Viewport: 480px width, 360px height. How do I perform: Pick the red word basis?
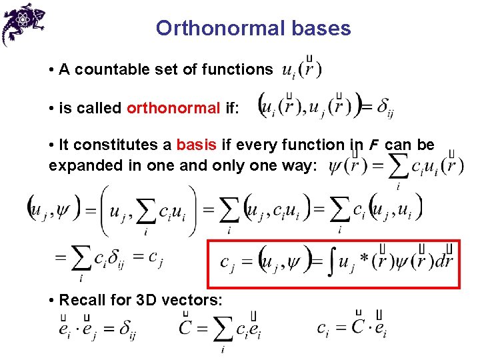click(x=197, y=145)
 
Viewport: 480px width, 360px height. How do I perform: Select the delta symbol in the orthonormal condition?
click(x=383, y=108)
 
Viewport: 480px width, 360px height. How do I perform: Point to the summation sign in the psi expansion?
click(x=399, y=166)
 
